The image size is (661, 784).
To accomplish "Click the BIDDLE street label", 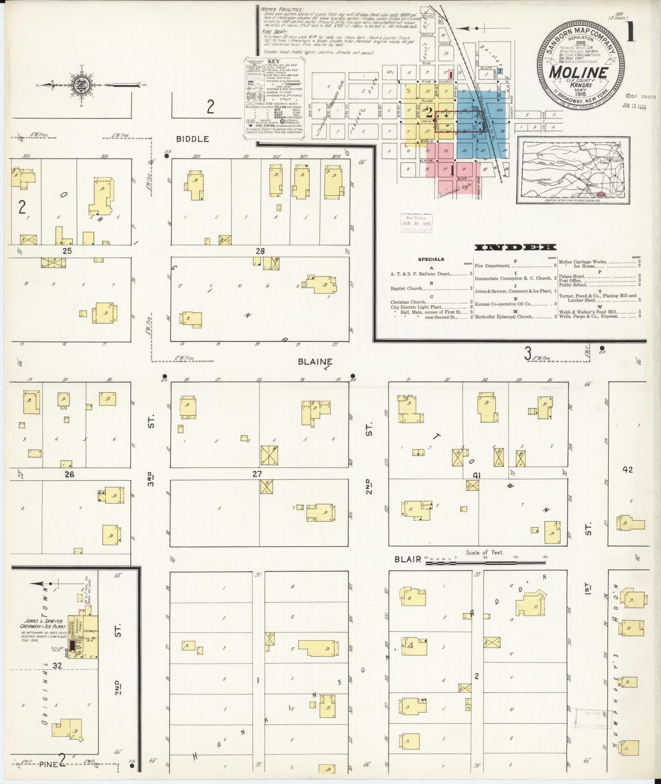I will coord(192,139).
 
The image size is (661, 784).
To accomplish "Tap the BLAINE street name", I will coord(315,362).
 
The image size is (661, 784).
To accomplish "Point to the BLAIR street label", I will coord(407,559).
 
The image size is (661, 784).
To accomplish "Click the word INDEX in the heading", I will coord(515,247).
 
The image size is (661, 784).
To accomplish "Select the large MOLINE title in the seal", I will coord(578,72).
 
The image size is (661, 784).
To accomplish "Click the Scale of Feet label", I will coord(484,552).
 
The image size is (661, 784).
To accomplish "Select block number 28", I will coord(260,251).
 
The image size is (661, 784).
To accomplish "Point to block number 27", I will coord(257,474).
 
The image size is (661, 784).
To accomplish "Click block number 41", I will coord(476,475).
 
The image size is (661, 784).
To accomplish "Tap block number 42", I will coord(627,470).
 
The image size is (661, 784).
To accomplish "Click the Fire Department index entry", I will coord(492,266).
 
